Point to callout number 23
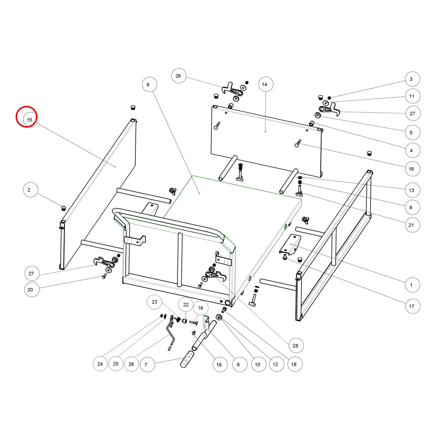(155, 302)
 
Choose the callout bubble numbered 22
(186, 305)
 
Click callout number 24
(100, 364)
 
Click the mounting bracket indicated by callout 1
(290, 245)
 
